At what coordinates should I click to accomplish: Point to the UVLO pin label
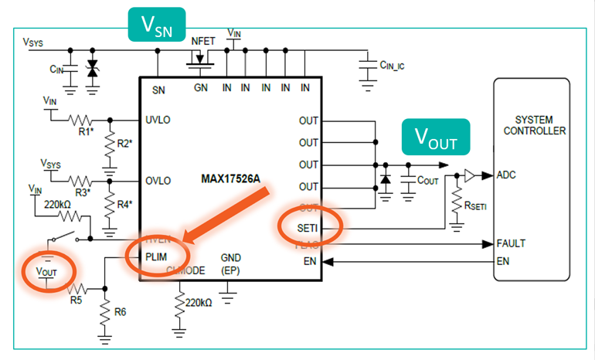[159, 121]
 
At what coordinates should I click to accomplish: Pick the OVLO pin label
[159, 181]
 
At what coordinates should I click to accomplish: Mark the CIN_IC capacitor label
[394, 66]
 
